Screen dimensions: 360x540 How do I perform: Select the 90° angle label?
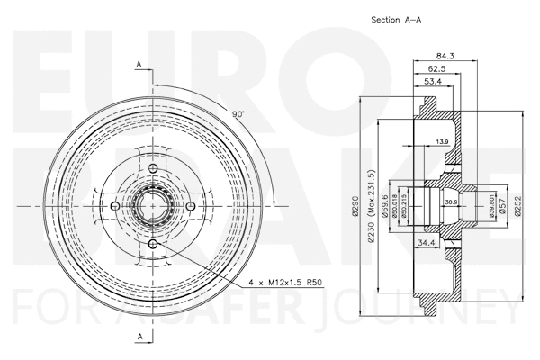(x=238, y=115)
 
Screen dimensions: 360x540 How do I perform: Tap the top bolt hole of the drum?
(x=152, y=169)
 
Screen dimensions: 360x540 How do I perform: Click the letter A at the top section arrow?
(x=139, y=64)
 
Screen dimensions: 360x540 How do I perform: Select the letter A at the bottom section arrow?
(x=139, y=336)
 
